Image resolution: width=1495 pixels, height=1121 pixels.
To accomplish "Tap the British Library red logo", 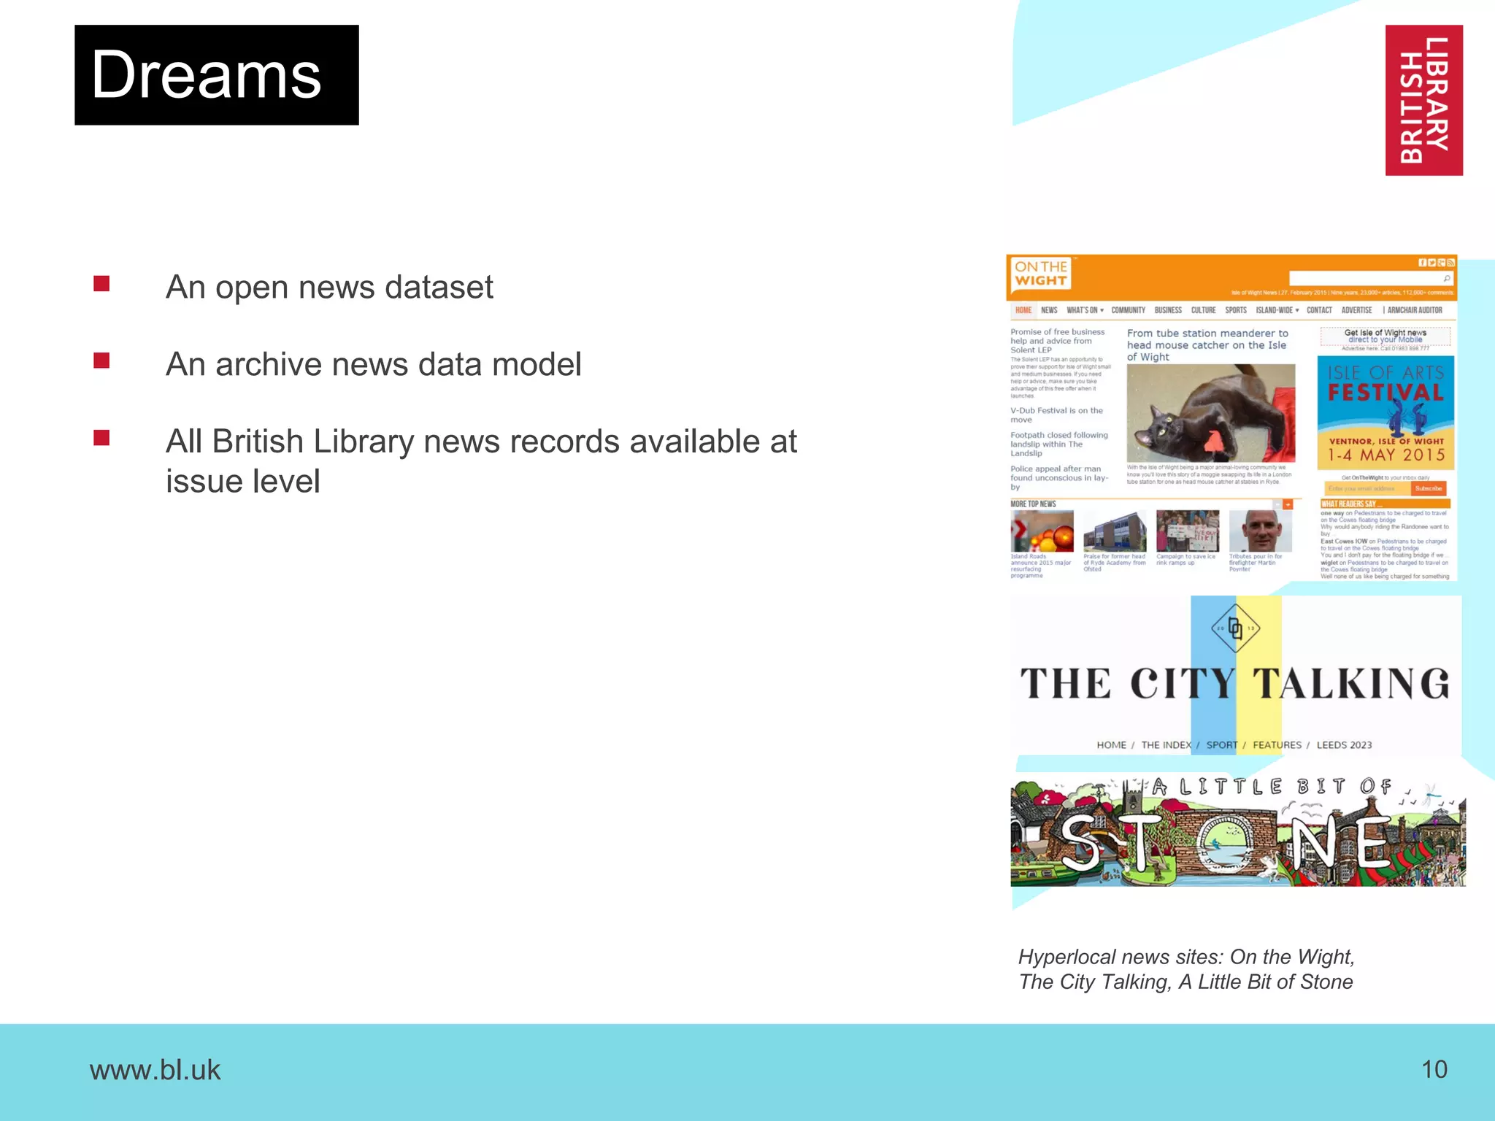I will (x=1423, y=100).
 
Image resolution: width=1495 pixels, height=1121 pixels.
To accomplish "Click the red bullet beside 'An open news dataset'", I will (x=101, y=284).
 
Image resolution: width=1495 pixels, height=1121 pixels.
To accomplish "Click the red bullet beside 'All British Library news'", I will (x=101, y=438).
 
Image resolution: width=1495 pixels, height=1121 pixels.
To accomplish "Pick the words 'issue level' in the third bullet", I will (x=242, y=482).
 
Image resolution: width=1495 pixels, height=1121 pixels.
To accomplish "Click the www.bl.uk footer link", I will (x=155, y=1070).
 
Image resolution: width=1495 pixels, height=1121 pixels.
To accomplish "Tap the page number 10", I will (x=1434, y=1069).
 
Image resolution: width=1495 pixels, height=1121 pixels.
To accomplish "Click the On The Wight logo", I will (x=1041, y=274).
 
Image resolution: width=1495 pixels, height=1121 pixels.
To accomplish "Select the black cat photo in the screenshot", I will (x=1210, y=413).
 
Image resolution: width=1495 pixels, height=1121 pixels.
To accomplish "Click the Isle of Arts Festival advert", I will (x=1385, y=412).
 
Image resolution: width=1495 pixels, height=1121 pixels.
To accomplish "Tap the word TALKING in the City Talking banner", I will (x=1350, y=684).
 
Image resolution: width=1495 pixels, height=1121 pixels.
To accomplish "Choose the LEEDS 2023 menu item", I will (x=1344, y=745).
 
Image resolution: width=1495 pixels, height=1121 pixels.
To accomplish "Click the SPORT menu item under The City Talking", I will (x=1221, y=745).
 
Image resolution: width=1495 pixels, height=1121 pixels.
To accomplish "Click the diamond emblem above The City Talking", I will (x=1235, y=628).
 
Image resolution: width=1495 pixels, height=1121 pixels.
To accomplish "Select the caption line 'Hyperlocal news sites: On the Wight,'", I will (x=1186, y=957).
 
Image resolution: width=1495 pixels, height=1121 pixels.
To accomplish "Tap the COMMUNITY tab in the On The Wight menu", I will (x=1128, y=310).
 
